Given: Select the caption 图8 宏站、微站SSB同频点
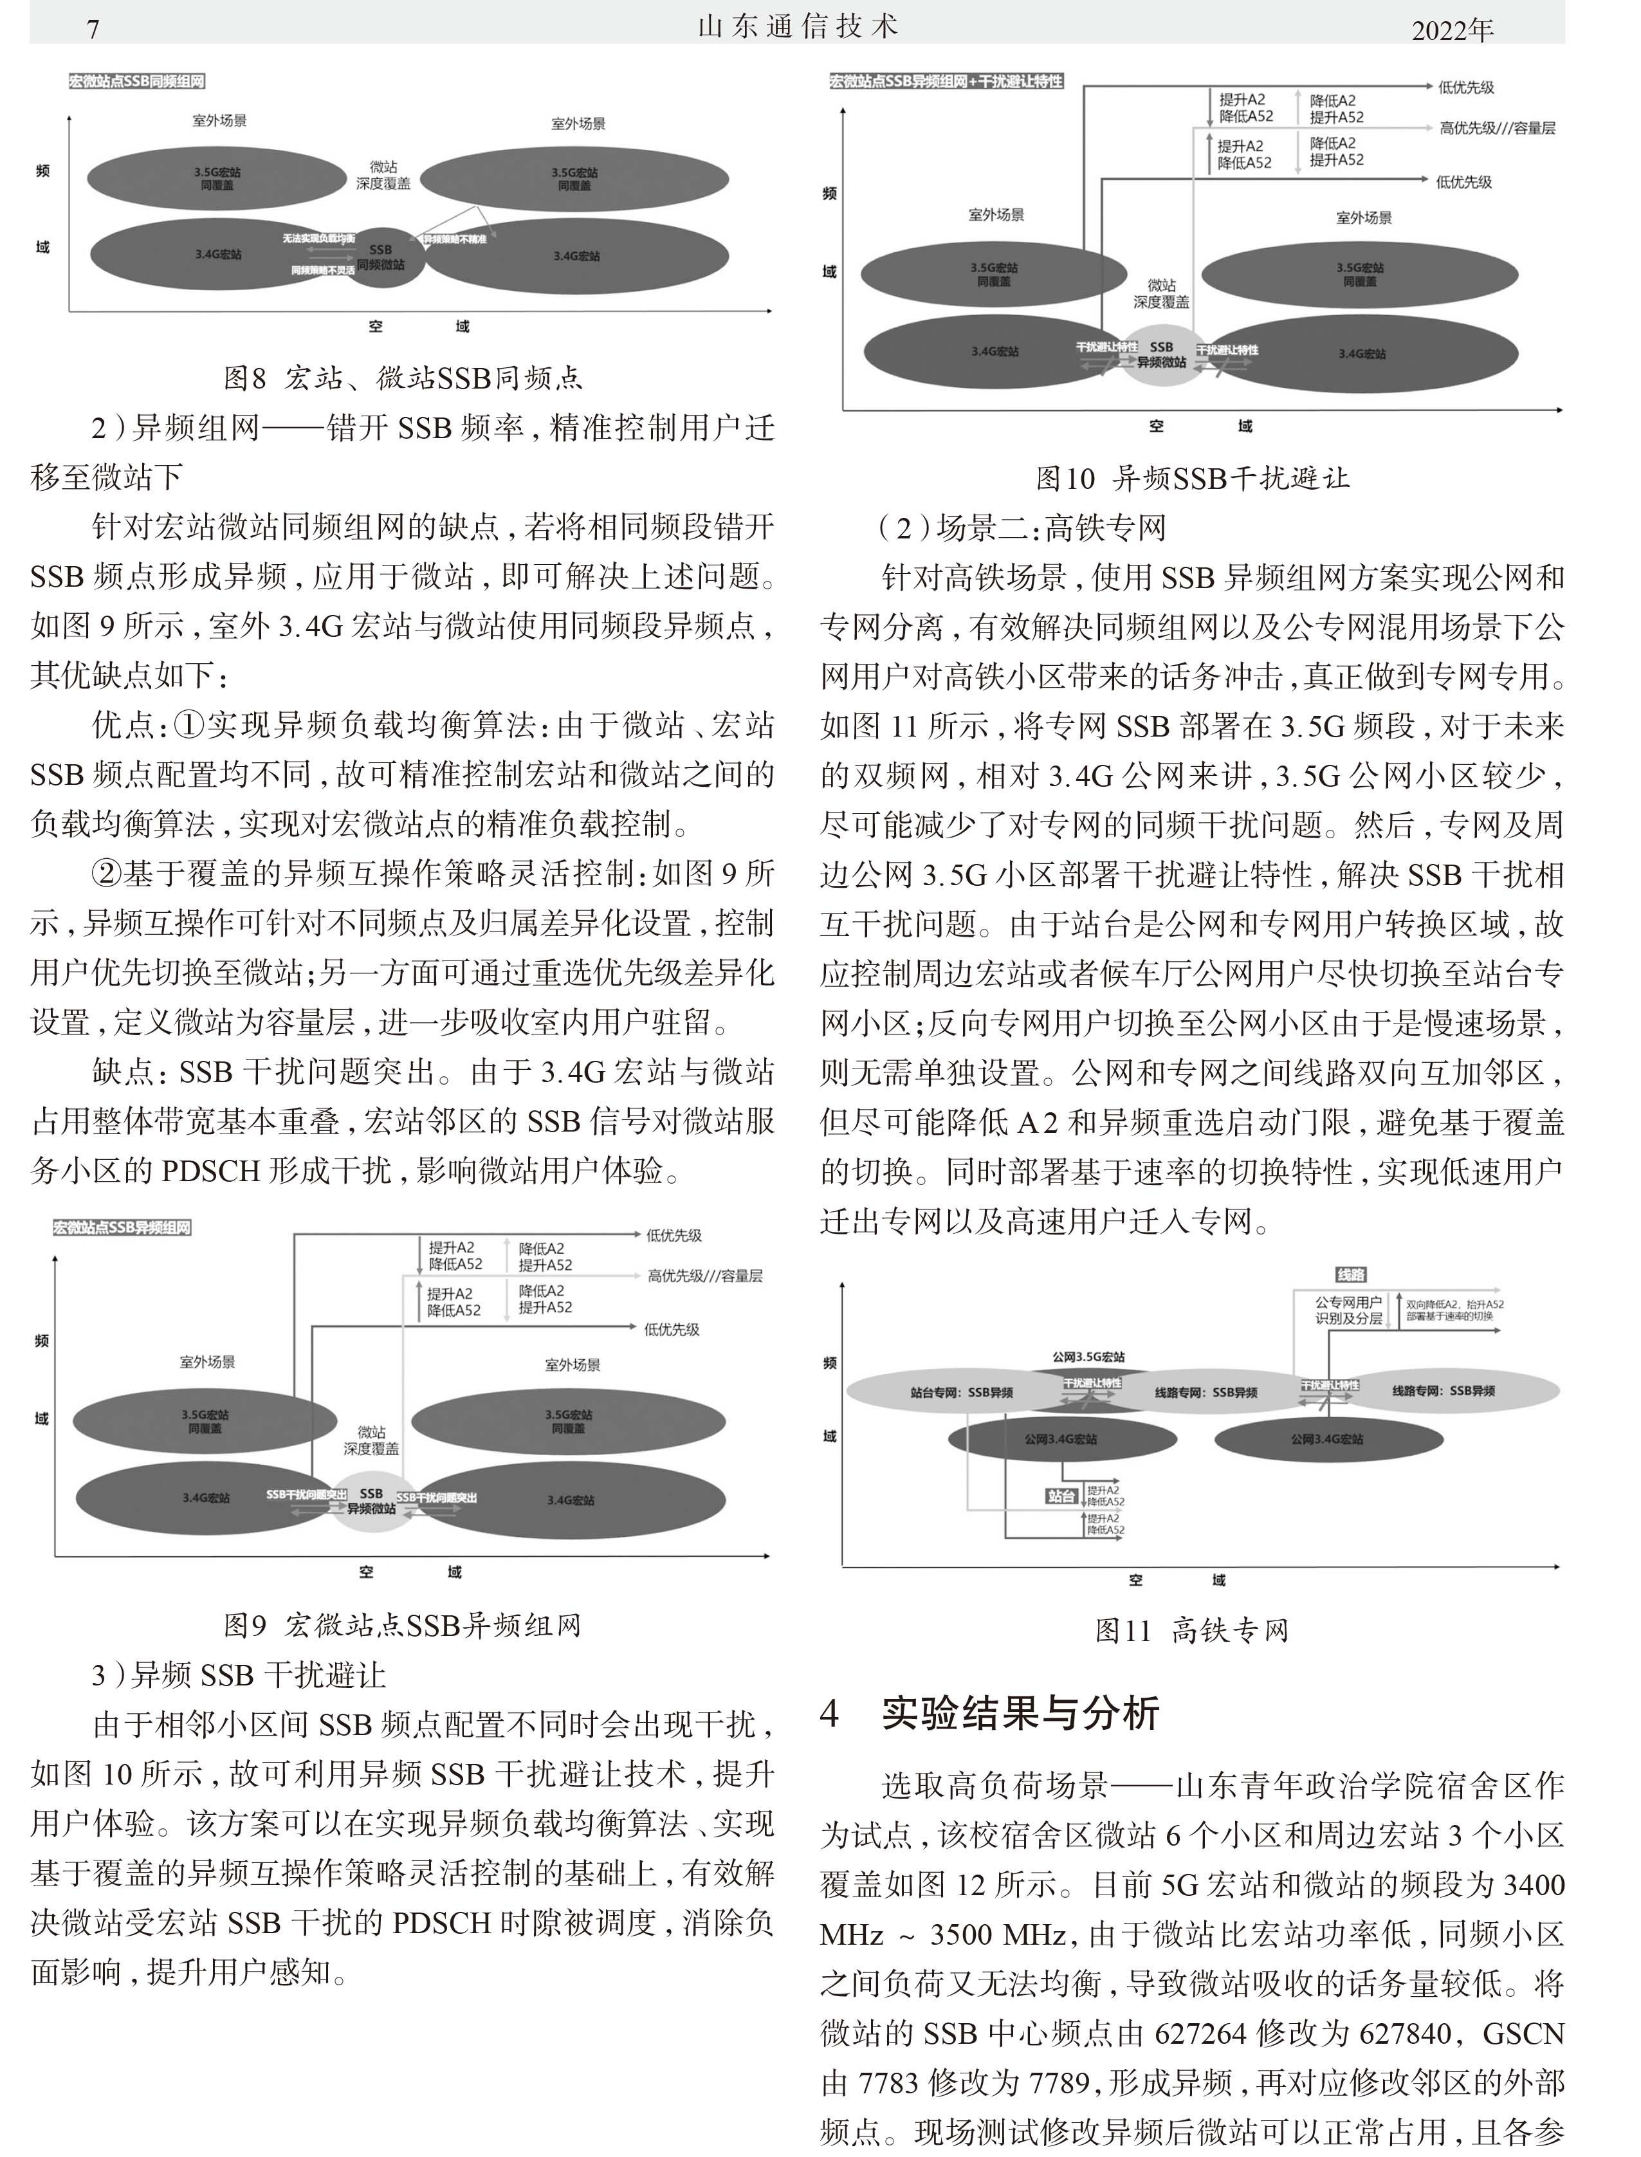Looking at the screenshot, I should coord(403,378).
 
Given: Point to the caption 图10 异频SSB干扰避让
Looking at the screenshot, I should coord(1192,478).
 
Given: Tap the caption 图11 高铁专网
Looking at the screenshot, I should coord(1192,1629).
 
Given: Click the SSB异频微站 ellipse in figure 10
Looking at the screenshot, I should coord(1161,354).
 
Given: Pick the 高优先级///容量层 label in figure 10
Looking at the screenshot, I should coord(1496,128).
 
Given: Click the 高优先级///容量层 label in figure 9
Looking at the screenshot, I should coord(704,1276).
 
